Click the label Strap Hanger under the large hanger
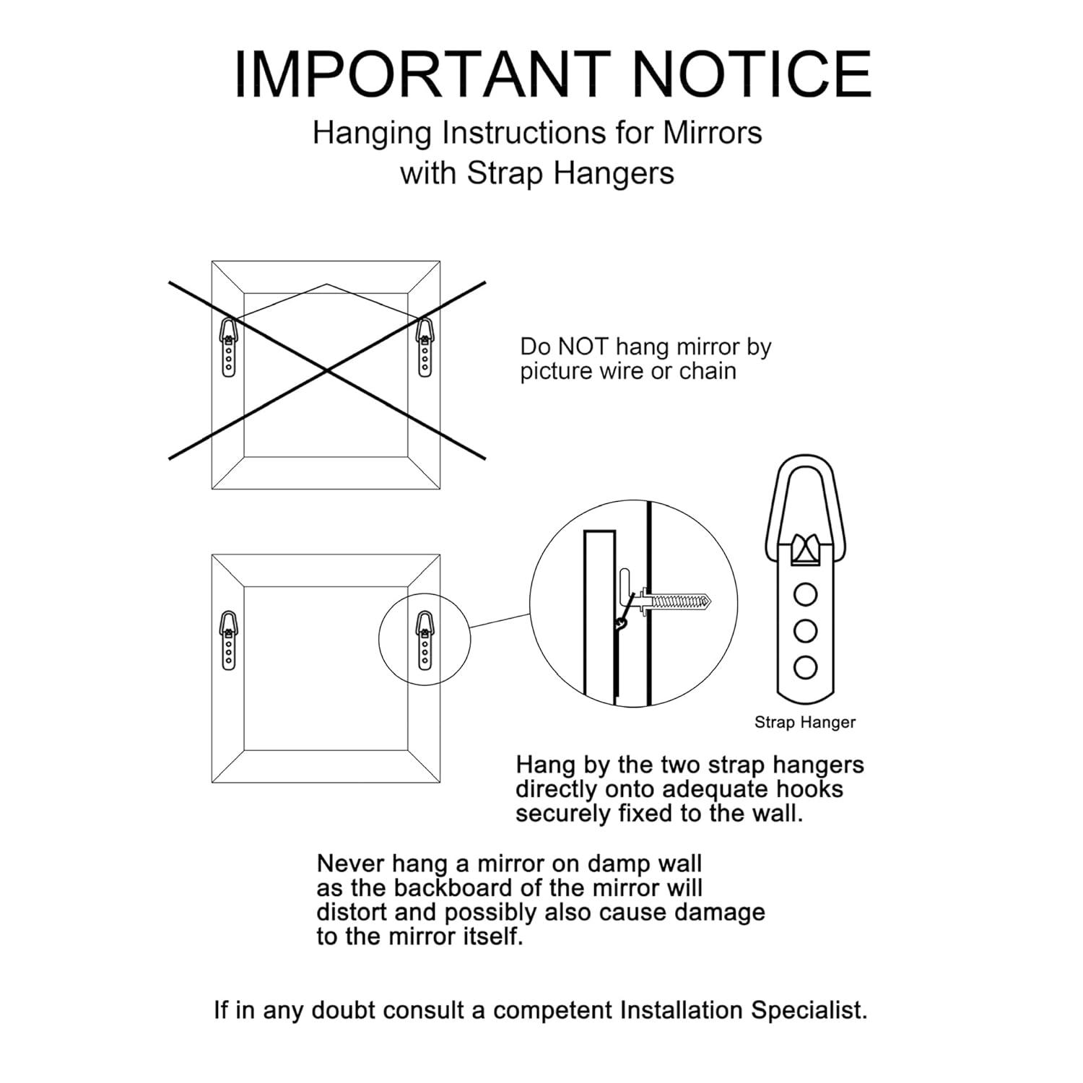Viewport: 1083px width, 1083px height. (x=805, y=722)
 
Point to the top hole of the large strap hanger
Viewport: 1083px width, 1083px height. (x=805, y=595)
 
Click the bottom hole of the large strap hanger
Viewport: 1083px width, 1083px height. (x=805, y=668)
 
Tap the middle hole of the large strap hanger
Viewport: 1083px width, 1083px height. (x=805, y=631)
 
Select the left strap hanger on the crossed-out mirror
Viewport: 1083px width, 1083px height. (x=229, y=346)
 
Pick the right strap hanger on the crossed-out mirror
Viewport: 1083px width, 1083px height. (x=425, y=346)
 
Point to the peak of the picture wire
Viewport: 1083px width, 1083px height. (x=327, y=284)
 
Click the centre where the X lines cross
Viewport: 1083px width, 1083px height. (x=327, y=370)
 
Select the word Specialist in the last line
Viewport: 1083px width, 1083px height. (x=809, y=1010)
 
